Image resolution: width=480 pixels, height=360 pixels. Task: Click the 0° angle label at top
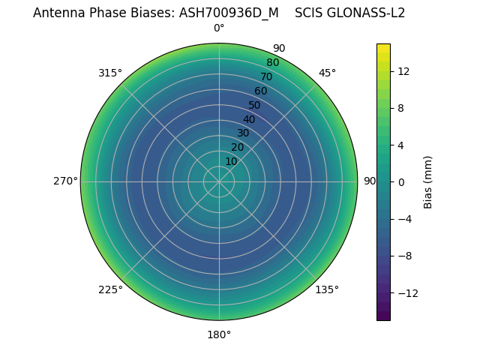point(219,28)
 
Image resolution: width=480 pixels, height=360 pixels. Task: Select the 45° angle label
point(327,73)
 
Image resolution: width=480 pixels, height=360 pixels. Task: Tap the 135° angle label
point(327,289)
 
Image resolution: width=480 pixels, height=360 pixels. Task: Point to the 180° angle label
point(219,334)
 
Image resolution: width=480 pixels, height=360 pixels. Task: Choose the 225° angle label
point(110,289)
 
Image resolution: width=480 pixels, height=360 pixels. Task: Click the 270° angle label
point(65,181)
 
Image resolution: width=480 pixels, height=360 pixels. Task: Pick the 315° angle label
point(110,73)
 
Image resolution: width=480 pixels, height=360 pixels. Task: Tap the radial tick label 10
point(231,161)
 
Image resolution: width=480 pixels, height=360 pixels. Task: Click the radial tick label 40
point(249,119)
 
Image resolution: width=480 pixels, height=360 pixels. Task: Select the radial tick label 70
point(266,76)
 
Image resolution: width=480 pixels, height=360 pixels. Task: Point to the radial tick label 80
point(272,62)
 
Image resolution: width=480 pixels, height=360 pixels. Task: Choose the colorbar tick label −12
point(406,292)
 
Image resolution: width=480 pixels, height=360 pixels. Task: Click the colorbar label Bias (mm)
point(428,181)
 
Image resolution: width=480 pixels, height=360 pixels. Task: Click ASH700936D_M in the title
point(229,13)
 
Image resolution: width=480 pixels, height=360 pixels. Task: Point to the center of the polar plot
point(219,181)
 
